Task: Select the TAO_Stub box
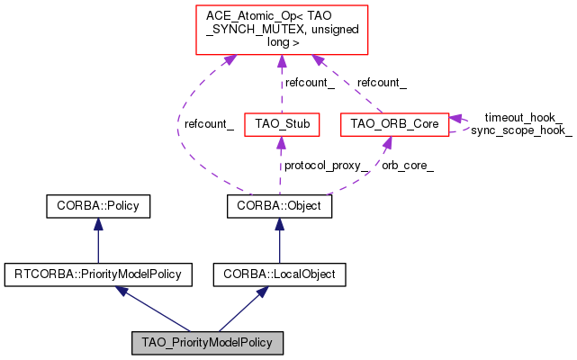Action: click(282, 124)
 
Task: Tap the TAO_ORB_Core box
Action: click(394, 124)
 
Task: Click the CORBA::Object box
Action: click(279, 207)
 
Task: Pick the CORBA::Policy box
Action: click(98, 207)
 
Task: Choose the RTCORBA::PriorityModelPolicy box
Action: click(98, 273)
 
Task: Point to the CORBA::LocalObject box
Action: click(279, 273)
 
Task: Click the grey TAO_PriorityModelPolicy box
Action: click(207, 343)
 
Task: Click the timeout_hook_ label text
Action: click(523, 117)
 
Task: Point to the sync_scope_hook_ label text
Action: click(521, 130)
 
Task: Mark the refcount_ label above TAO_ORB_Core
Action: click(382, 83)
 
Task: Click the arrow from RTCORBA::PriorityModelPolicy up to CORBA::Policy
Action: click(98, 240)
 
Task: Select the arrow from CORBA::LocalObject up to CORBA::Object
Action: click(279, 240)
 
